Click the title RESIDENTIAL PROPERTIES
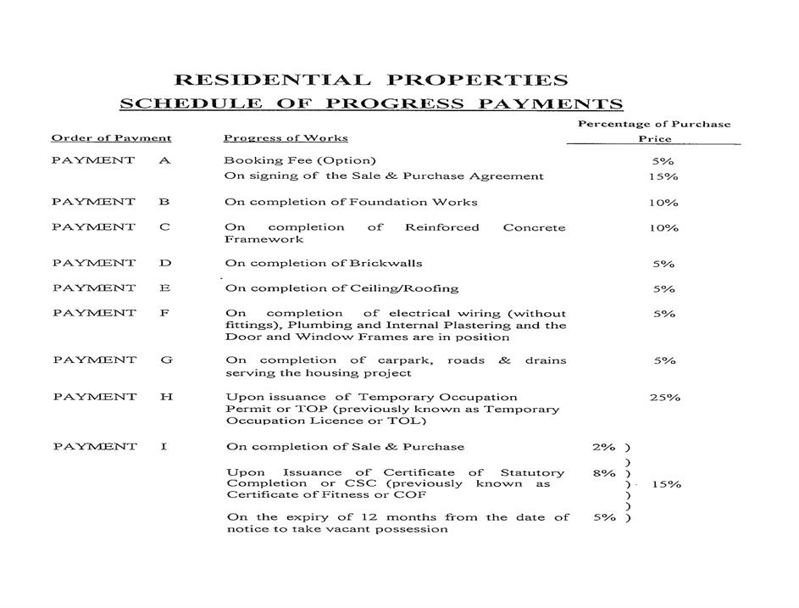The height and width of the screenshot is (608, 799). pyautogui.click(x=370, y=81)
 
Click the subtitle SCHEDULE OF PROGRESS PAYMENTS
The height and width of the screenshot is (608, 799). pyautogui.click(x=370, y=104)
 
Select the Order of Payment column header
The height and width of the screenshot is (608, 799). pyautogui.click(x=111, y=138)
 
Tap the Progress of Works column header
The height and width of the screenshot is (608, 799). pyautogui.click(x=286, y=138)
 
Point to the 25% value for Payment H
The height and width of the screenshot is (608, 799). pyautogui.click(x=664, y=397)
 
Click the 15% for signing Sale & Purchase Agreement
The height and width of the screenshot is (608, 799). pyautogui.click(x=664, y=176)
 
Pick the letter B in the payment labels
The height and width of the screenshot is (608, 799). pyautogui.click(x=164, y=202)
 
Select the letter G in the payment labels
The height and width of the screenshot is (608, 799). pyautogui.click(x=166, y=360)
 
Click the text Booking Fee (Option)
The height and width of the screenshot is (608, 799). pyautogui.click(x=300, y=160)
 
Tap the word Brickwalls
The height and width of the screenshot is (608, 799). pyautogui.click(x=389, y=263)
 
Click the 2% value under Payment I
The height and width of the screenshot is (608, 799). pyautogui.click(x=604, y=447)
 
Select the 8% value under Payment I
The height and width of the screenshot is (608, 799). pyautogui.click(x=604, y=473)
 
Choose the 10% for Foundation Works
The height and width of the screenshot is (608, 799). pyautogui.click(x=664, y=203)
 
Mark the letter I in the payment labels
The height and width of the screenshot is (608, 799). pyautogui.click(x=163, y=447)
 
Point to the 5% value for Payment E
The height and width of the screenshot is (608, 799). pyautogui.click(x=664, y=289)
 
